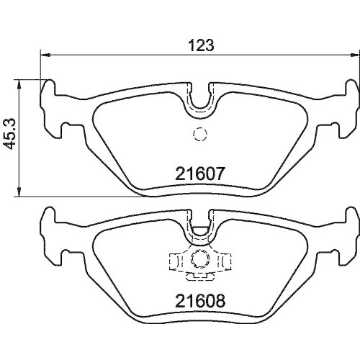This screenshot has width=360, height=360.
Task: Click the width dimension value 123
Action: tap(201, 45)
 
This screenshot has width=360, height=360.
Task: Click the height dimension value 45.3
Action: tap(11, 134)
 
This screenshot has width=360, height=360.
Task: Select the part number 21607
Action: tap(200, 174)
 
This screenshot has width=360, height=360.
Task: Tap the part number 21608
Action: tap(200, 301)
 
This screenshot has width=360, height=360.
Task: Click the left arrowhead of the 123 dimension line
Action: tap(45, 55)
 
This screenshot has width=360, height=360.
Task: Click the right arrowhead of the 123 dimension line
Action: tap(354, 55)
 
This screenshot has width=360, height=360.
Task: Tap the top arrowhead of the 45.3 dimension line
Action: tap(19, 84)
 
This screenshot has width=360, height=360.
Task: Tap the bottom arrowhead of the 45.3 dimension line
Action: tap(19, 192)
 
